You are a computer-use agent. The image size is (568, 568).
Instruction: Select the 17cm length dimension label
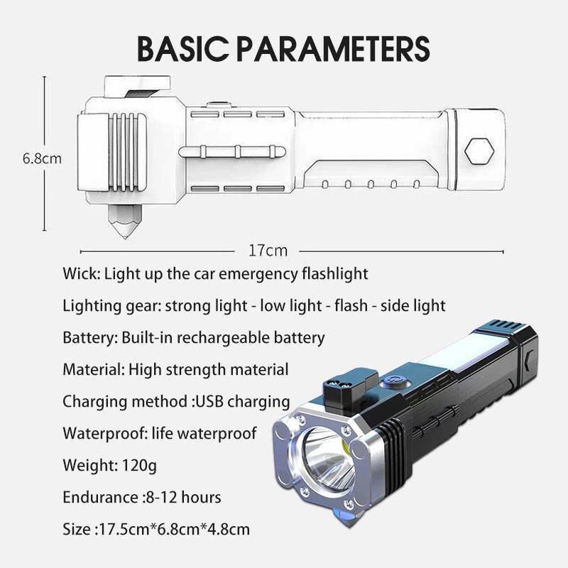click(x=268, y=250)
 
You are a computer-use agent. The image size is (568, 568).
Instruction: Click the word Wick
click(x=78, y=273)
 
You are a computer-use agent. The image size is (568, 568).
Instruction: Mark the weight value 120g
click(x=136, y=465)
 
